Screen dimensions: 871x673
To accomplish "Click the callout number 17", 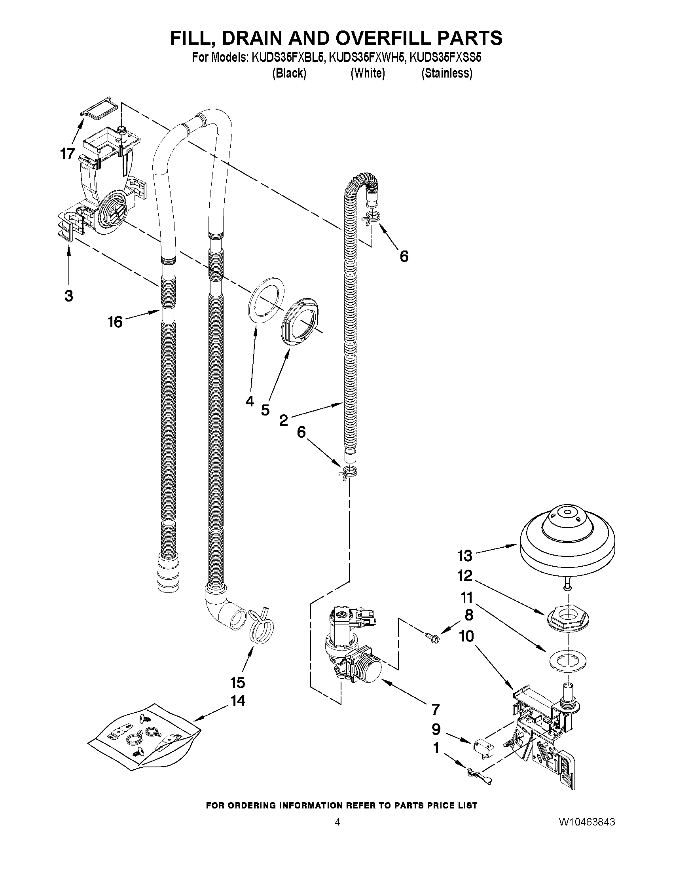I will (x=68, y=154).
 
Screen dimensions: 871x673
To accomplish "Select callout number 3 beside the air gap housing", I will (x=68, y=296).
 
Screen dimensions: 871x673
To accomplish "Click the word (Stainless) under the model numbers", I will (x=447, y=73).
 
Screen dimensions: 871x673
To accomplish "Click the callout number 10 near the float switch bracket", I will (x=466, y=636).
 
